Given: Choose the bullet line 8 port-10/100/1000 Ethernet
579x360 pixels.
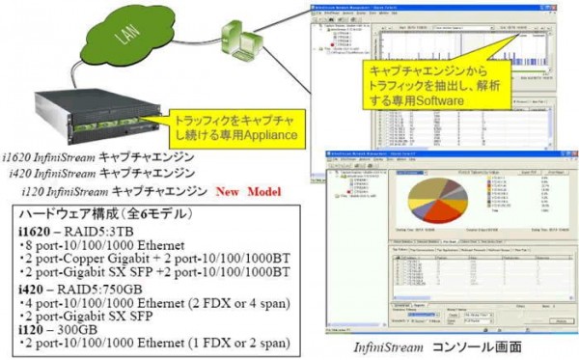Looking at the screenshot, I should [x=96, y=245].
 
